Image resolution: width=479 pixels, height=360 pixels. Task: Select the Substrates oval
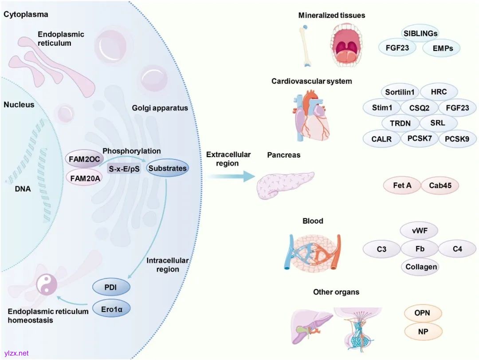pos(167,168)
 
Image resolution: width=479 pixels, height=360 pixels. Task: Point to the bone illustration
pos(306,44)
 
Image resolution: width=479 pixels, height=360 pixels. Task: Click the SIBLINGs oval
pos(420,33)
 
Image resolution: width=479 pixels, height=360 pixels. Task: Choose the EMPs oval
pos(443,48)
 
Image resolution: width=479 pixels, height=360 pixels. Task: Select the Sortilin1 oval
pos(400,92)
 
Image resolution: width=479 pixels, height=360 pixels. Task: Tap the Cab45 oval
pos(440,186)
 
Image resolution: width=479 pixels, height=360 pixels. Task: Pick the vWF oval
pos(419,231)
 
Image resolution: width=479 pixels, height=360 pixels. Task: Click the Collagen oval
pos(421,267)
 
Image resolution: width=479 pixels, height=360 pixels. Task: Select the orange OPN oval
pos(422,313)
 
